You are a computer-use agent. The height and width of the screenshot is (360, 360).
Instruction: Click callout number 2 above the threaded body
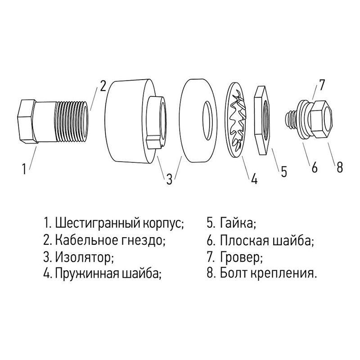click(x=103, y=85)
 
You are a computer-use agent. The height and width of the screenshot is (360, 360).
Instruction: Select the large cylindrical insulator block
click(x=126, y=121)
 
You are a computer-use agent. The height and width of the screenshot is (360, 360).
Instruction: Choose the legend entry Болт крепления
click(x=269, y=273)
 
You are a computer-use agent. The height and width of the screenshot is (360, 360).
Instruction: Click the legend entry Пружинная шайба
click(x=108, y=273)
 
